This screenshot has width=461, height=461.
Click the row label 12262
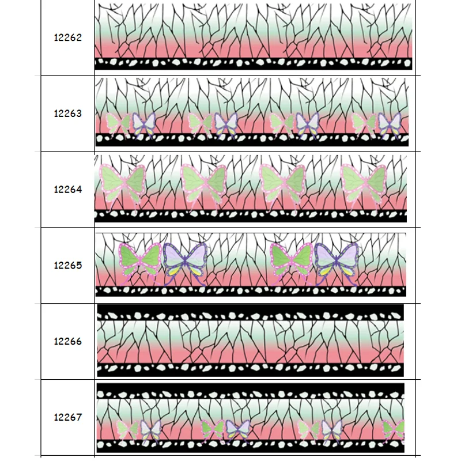(68, 38)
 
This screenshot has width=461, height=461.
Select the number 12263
(68, 114)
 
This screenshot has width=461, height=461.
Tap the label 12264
(68, 189)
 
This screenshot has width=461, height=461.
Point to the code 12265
(68, 266)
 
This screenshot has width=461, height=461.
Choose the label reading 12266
(68, 341)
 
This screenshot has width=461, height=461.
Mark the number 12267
(68, 417)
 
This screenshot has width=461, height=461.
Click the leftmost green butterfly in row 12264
(122, 183)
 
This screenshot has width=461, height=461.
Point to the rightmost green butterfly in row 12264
(363, 183)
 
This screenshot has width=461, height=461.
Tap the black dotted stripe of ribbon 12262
(254, 63)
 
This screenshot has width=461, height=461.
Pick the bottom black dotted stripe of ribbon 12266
(251, 369)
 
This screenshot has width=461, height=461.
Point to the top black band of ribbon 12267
(251, 392)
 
